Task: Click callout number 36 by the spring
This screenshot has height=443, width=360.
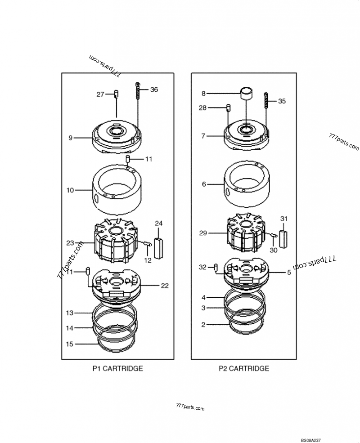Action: tap(154, 89)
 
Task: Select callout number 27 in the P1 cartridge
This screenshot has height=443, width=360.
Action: tap(100, 94)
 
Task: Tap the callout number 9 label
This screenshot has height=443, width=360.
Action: tap(70, 138)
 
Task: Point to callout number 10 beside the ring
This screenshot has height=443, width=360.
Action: tap(70, 190)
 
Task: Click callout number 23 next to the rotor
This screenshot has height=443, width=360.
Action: tap(70, 243)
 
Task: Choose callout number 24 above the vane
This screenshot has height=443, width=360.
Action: tap(159, 224)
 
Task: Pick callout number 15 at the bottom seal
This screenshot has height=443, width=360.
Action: tap(70, 344)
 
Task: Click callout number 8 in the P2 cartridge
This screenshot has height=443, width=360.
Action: tap(203, 94)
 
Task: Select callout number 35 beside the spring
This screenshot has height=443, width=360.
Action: tap(282, 101)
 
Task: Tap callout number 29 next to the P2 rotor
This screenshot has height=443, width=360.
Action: tap(203, 233)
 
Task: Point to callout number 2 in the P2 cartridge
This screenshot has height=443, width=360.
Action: tap(203, 324)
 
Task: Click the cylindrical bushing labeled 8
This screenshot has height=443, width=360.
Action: tap(246, 94)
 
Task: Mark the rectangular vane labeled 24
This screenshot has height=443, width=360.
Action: tap(158, 247)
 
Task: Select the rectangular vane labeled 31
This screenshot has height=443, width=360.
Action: tap(283, 238)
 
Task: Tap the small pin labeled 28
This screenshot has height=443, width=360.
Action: tap(228, 108)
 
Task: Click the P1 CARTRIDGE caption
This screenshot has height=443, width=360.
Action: tap(117, 368)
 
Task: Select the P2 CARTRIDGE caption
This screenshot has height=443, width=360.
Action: tap(244, 368)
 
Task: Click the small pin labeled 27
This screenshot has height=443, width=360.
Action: tap(116, 94)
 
